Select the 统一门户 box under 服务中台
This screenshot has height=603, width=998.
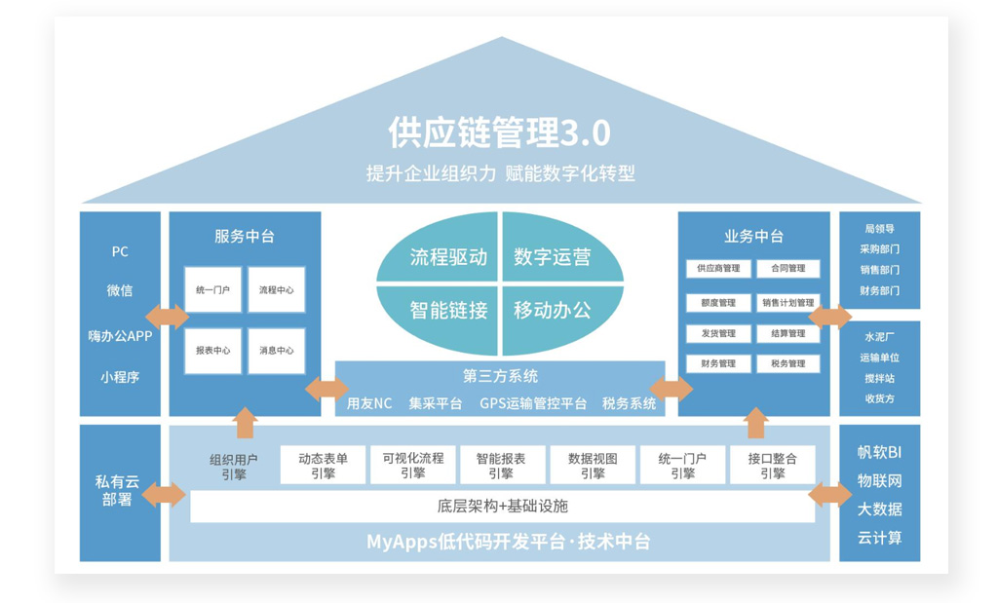tap(213, 290)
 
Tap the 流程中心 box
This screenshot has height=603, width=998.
tap(276, 290)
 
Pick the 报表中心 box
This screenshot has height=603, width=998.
tap(213, 351)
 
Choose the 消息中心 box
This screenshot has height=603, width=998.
tap(276, 351)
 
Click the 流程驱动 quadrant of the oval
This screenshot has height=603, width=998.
tap(447, 257)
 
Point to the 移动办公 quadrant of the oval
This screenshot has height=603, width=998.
tap(552, 311)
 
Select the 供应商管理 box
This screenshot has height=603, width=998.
tap(719, 269)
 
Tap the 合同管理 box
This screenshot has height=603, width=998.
tap(788, 269)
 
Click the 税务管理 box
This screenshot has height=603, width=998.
tap(788, 363)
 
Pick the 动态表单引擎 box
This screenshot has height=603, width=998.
tap(324, 465)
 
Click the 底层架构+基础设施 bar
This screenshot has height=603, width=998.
tap(502, 507)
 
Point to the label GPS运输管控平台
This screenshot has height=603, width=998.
tap(533, 403)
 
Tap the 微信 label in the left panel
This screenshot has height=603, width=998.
tap(120, 290)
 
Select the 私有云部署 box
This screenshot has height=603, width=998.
tap(119, 491)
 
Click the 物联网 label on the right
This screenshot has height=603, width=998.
tap(879, 480)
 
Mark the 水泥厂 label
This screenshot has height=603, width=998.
tap(879, 337)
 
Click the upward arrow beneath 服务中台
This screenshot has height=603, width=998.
tap(245, 422)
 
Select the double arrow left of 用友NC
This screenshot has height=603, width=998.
tap(326, 390)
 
